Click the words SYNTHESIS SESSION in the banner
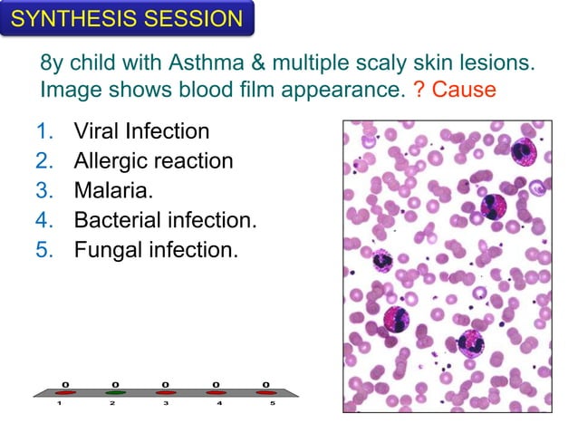tap(127, 18)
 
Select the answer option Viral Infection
tap(141, 131)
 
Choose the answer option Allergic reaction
tap(153, 160)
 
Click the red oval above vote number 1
tap(64, 393)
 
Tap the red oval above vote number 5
tap(265, 393)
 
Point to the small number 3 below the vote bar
tap(165, 404)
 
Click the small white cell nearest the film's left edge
tap(382, 260)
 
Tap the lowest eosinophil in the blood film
tap(471, 344)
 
